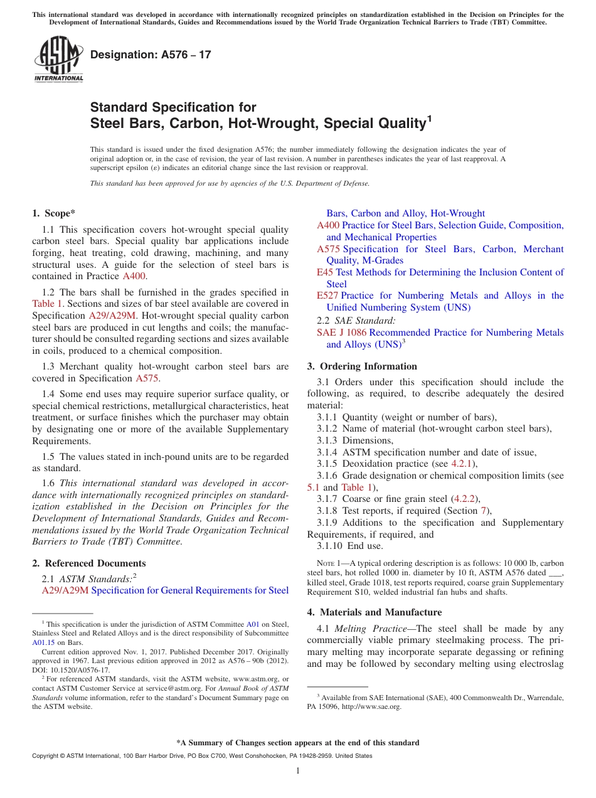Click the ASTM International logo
(58, 59)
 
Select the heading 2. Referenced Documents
(89, 563)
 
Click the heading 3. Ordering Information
(362, 366)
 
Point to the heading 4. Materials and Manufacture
(374, 612)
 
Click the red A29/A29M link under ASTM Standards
(65, 590)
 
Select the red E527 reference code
(327, 295)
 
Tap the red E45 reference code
(325, 272)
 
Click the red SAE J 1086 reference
(341, 332)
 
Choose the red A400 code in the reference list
(327, 225)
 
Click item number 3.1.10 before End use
(330, 546)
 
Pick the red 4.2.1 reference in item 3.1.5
(463, 464)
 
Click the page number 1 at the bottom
(297, 770)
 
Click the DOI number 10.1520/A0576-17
(82, 669)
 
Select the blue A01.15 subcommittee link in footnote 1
(43, 642)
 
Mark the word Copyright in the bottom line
(46, 756)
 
